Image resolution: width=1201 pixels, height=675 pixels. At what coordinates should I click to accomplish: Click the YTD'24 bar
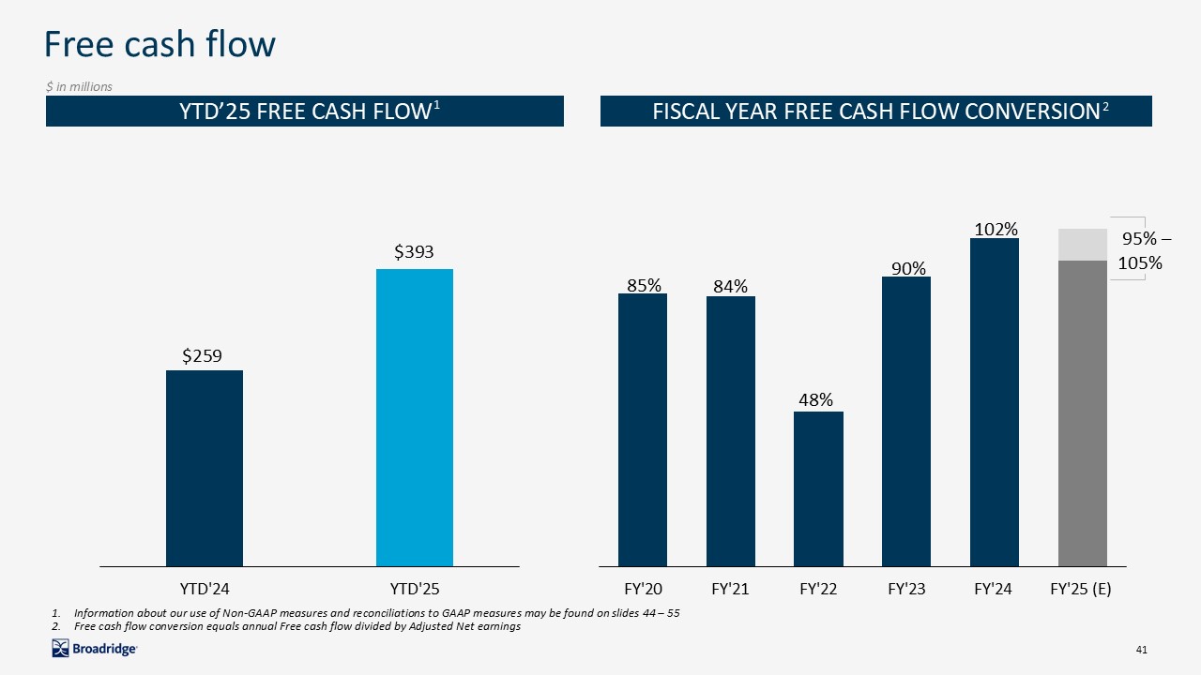(x=205, y=468)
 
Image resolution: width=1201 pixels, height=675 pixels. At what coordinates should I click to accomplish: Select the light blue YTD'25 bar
(x=415, y=417)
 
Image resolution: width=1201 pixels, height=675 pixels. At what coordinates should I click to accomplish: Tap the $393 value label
(x=414, y=251)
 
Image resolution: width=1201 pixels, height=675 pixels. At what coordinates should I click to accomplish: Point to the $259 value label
(x=204, y=355)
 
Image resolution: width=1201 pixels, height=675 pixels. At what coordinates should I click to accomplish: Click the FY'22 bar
(x=818, y=488)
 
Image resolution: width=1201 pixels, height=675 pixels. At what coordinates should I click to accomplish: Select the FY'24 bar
(x=995, y=402)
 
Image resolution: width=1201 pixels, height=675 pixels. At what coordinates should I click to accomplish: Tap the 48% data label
(x=816, y=399)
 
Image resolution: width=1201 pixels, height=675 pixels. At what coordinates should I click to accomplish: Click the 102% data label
(x=995, y=229)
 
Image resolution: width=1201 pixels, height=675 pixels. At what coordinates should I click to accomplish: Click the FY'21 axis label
(x=731, y=590)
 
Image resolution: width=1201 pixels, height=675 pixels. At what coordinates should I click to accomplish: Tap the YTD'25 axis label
(x=415, y=590)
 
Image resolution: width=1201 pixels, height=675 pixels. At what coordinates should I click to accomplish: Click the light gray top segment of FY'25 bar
(x=1083, y=244)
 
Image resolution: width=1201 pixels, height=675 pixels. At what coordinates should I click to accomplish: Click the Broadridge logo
(x=95, y=648)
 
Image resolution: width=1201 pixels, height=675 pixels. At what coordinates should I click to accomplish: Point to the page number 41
(x=1141, y=650)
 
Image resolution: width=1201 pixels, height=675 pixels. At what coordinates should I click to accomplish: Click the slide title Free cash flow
(x=160, y=44)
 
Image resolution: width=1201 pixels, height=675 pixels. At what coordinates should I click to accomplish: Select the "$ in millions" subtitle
(x=80, y=87)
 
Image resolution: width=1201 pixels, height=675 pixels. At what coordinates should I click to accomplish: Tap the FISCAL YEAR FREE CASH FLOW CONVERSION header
(x=875, y=111)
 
